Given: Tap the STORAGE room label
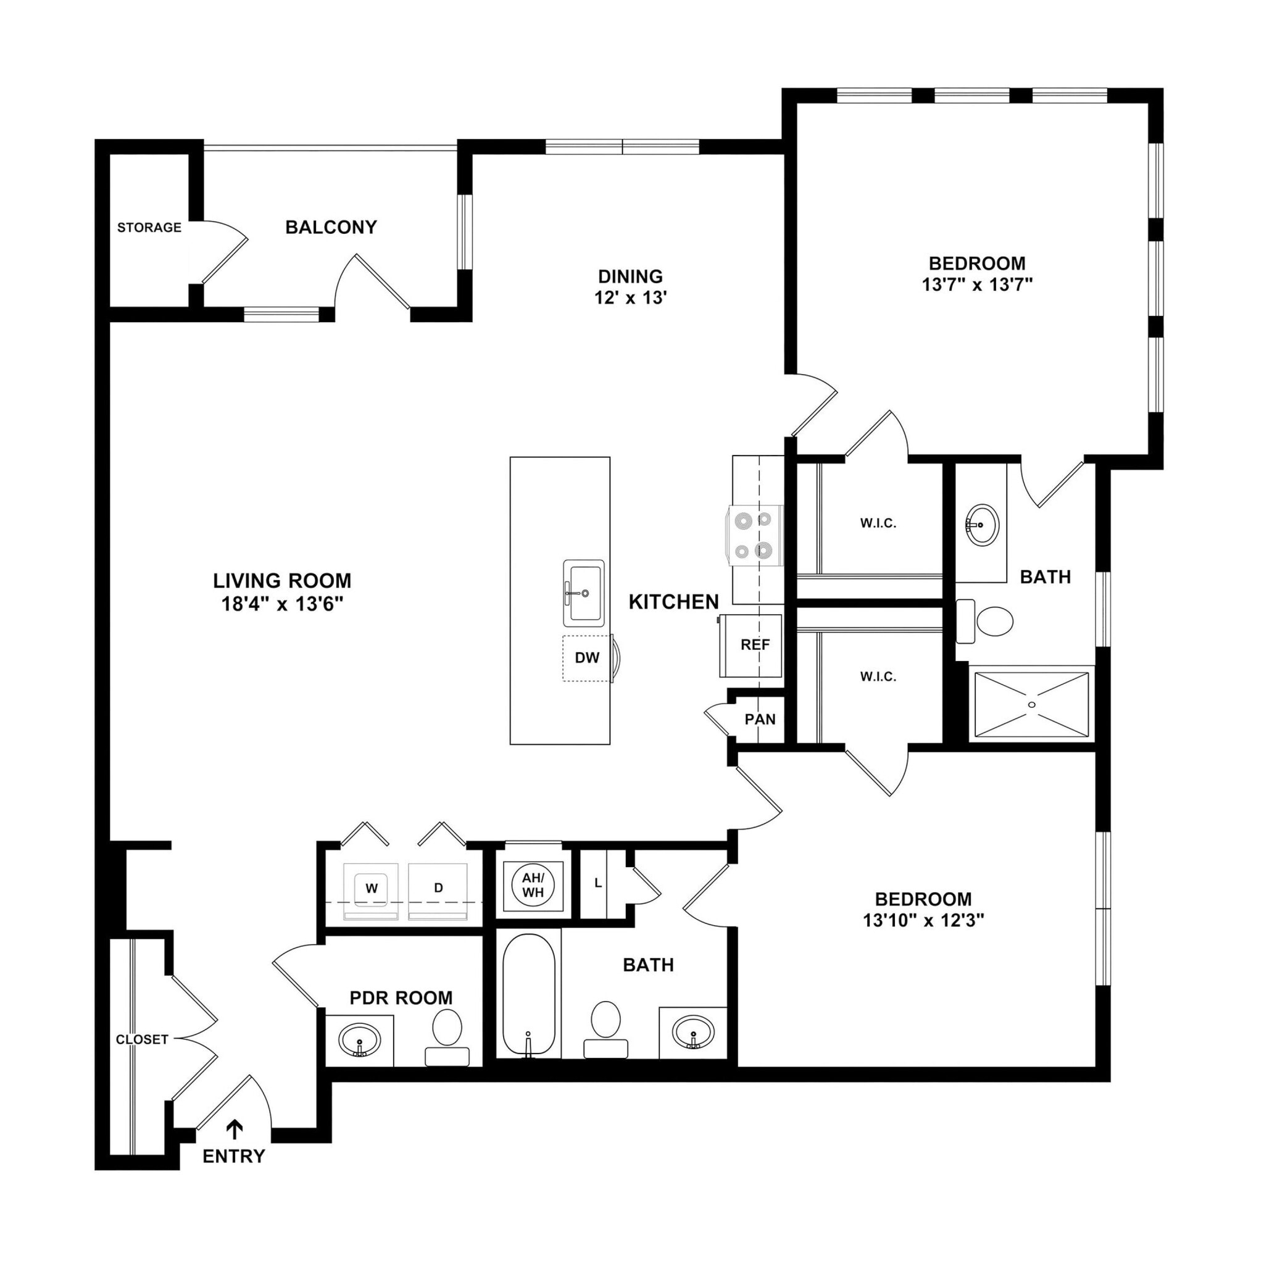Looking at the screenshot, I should click(149, 228).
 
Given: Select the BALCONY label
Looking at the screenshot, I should click(331, 227).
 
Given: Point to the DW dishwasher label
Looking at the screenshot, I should click(587, 657).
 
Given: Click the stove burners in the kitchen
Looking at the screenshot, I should click(753, 536).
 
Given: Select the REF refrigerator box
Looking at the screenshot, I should click(754, 645).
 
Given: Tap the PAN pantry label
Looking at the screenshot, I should click(760, 720).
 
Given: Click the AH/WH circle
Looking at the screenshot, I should click(533, 886).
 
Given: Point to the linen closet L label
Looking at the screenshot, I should click(597, 883).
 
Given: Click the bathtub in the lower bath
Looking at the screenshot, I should click(529, 994).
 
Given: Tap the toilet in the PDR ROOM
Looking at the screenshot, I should click(447, 1028).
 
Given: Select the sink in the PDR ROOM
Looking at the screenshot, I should click(359, 1038).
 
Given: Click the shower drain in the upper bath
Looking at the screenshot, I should click(1032, 705).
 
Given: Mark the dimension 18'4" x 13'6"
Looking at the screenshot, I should click(283, 603).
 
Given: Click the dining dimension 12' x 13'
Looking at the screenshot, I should click(630, 298).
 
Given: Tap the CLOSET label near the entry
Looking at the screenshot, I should click(142, 1039).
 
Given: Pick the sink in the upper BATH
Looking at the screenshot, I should click(981, 523).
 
